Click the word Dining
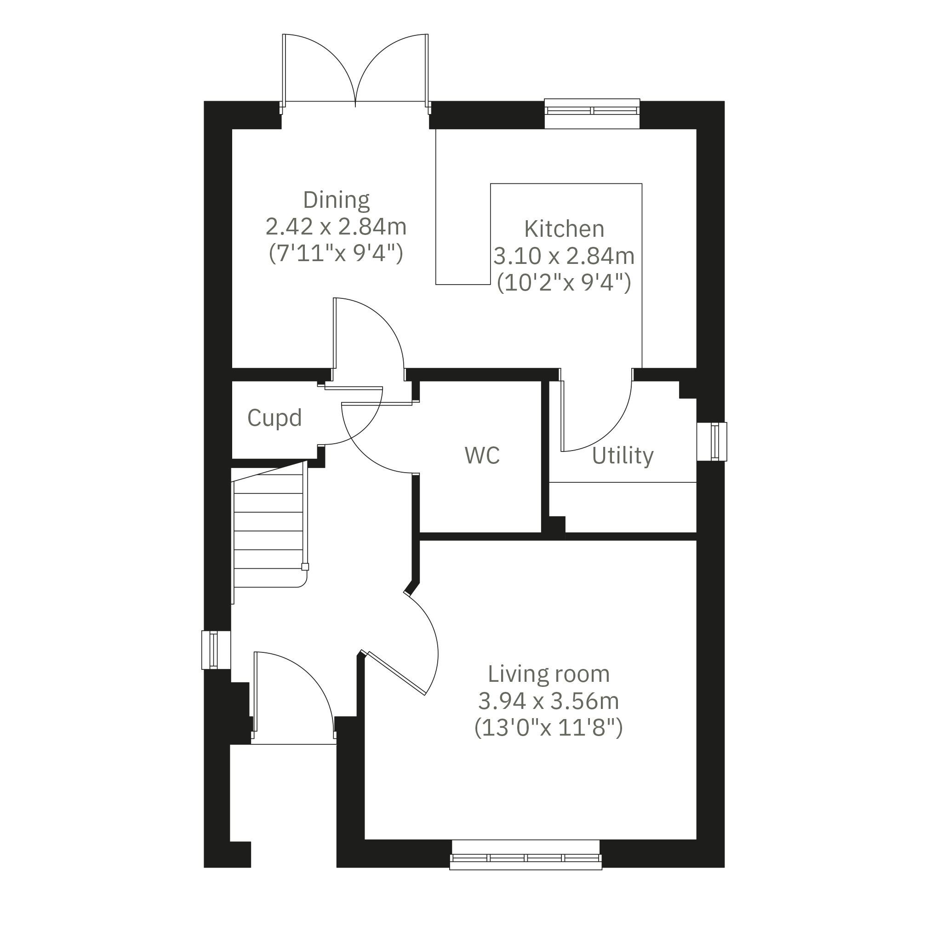point(337,200)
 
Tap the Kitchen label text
point(564,229)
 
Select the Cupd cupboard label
point(274,417)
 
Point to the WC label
point(482,455)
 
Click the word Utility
point(623,455)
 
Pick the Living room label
point(549,674)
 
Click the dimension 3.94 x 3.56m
point(548,701)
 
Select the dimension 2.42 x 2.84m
point(336,227)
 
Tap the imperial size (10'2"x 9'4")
point(564,282)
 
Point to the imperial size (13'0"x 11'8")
point(548,728)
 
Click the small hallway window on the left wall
point(216,650)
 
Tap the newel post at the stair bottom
point(305,567)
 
